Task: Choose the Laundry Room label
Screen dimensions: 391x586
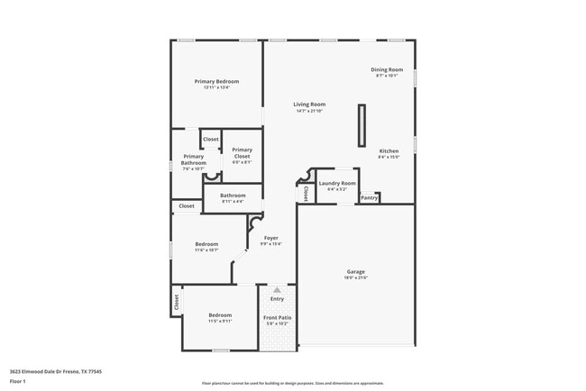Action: click(x=336, y=186)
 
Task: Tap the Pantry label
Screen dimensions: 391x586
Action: click(x=369, y=197)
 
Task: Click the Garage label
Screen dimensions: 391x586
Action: click(x=356, y=274)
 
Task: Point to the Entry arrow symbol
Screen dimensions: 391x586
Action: click(x=277, y=290)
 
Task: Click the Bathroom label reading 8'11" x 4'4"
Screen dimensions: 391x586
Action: click(x=233, y=197)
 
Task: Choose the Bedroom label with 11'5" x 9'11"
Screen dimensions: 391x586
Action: click(x=220, y=318)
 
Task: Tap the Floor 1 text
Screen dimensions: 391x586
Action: click(x=18, y=380)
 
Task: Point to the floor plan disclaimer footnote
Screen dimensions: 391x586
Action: click(x=292, y=383)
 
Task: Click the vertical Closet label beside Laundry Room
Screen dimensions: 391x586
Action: click(x=306, y=191)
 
